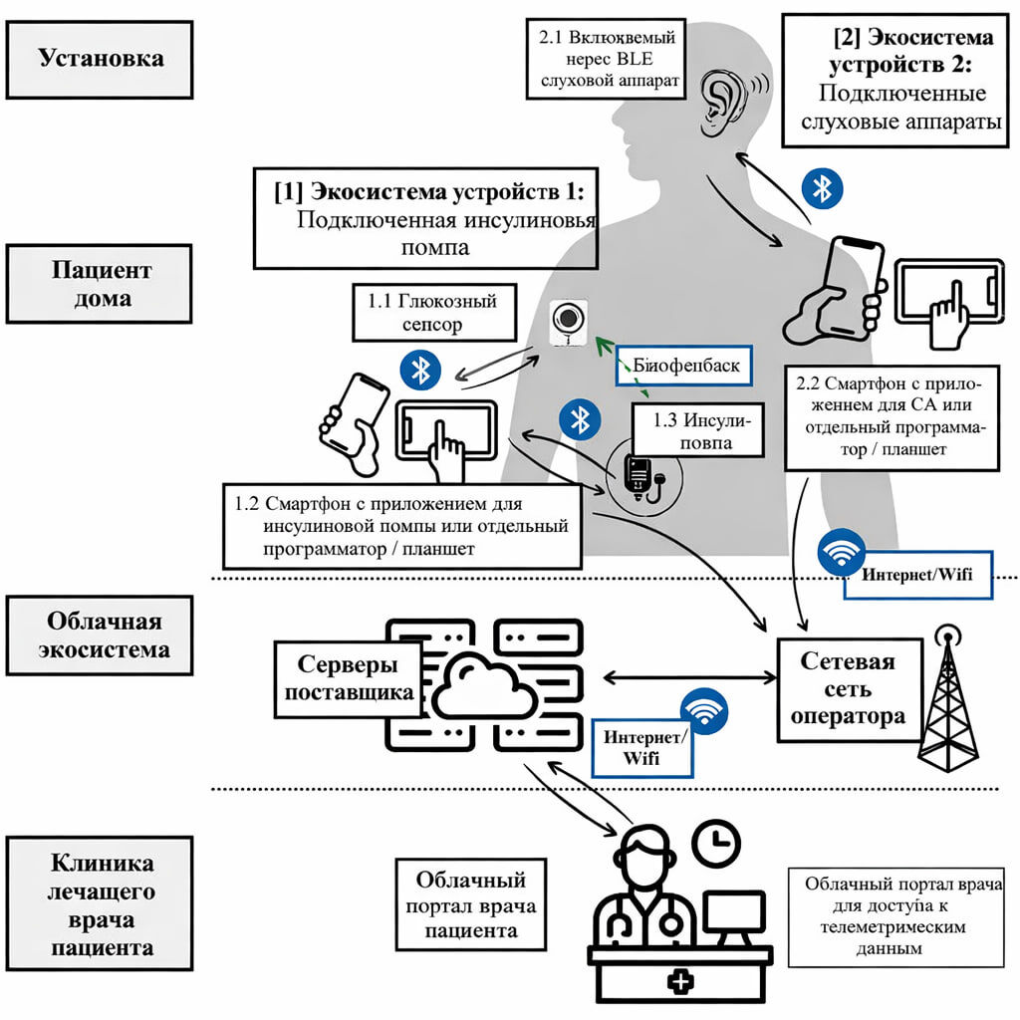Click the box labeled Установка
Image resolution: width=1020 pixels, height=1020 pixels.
[101, 59]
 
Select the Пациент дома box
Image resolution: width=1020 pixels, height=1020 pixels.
[101, 285]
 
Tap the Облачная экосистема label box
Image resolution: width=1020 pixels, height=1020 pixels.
[101, 637]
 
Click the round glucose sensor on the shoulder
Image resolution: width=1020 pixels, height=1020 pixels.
[567, 320]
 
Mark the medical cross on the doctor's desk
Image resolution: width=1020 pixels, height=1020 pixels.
[681, 982]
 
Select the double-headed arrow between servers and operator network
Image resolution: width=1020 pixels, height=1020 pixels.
[690, 677]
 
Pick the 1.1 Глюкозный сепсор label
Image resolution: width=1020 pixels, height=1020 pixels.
[434, 312]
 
